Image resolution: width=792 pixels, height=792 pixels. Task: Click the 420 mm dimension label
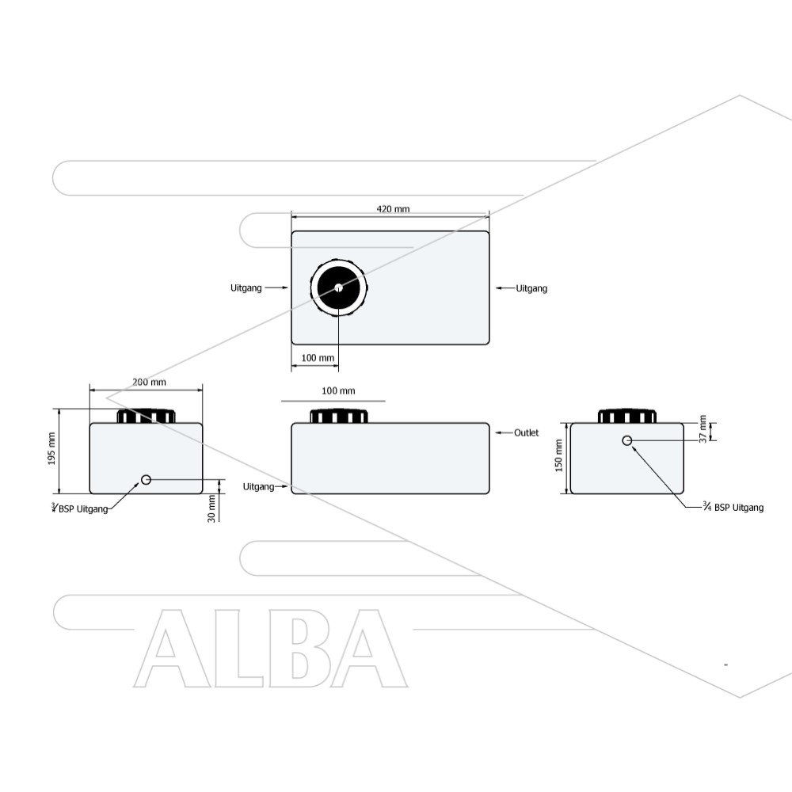point(393,209)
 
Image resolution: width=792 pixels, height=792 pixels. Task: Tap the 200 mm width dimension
point(149,383)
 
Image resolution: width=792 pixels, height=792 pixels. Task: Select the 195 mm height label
point(51,448)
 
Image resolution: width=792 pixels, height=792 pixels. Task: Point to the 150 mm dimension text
point(558,455)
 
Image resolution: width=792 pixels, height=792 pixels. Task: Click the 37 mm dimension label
point(703,429)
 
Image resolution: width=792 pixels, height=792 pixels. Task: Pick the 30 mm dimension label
point(211,508)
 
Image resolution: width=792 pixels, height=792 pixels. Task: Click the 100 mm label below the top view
point(318,358)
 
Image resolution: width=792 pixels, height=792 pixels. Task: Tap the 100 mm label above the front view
point(338,391)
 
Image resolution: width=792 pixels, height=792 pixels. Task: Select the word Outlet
point(527,433)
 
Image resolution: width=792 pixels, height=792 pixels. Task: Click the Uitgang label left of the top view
point(246,288)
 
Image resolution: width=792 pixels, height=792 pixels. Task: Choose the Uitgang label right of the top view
point(531,288)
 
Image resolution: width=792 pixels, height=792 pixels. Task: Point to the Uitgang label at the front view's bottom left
point(259,487)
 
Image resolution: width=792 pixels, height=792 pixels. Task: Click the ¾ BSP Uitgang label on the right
point(733,507)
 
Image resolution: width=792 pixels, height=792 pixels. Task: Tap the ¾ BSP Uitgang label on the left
point(80,508)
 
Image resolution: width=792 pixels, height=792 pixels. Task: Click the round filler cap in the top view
point(338,288)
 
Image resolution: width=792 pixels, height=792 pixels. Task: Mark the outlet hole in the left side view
point(146,480)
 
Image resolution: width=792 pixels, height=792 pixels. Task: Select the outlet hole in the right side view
point(626,441)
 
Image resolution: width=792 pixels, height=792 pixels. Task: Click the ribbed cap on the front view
point(338,417)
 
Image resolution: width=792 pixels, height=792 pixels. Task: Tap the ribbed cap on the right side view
point(626,417)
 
